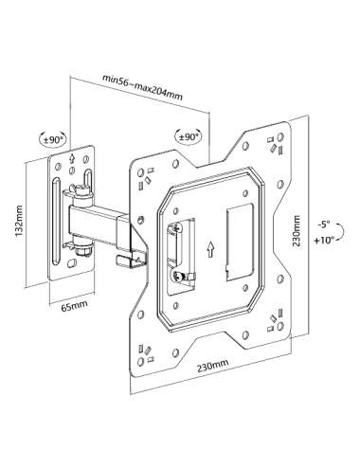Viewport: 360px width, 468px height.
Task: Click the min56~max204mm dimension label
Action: tap(142, 86)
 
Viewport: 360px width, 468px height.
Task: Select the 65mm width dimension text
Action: tap(74, 305)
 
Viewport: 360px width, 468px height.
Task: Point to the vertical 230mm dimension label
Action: tap(297, 231)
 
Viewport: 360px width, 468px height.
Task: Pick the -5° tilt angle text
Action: tap(324, 225)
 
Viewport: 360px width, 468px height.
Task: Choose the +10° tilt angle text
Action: tap(324, 240)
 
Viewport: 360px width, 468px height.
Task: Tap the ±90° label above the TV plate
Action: tap(189, 136)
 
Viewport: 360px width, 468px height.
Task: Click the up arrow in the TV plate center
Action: tap(211, 249)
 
